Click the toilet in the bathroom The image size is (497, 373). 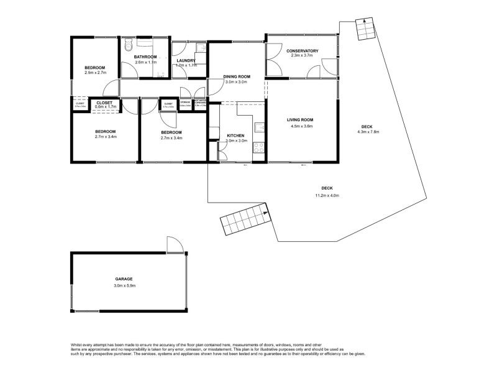click(127, 45)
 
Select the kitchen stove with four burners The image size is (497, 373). click(260, 149)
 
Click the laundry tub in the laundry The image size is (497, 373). click(200, 47)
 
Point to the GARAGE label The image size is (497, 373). click(124, 279)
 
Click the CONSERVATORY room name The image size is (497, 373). click(302, 50)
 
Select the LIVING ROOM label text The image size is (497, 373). click(299, 120)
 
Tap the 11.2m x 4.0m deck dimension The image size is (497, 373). click(326, 196)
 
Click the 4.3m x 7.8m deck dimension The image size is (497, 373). click(368, 132)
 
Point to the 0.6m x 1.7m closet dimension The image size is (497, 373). click(104, 107)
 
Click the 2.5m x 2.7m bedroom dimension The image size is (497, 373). click(96, 73)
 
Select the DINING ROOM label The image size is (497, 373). click(236, 76)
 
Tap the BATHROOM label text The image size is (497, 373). click(145, 57)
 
